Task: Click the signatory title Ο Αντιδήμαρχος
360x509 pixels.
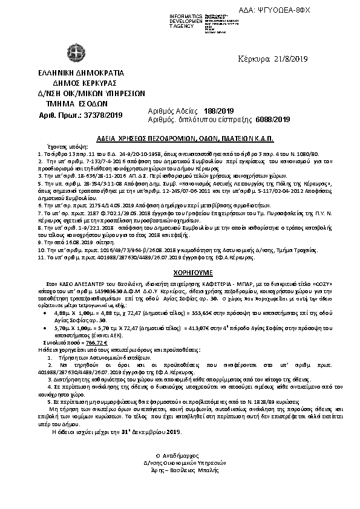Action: (182, 455)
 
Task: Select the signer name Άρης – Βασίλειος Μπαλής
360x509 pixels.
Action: (182, 468)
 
